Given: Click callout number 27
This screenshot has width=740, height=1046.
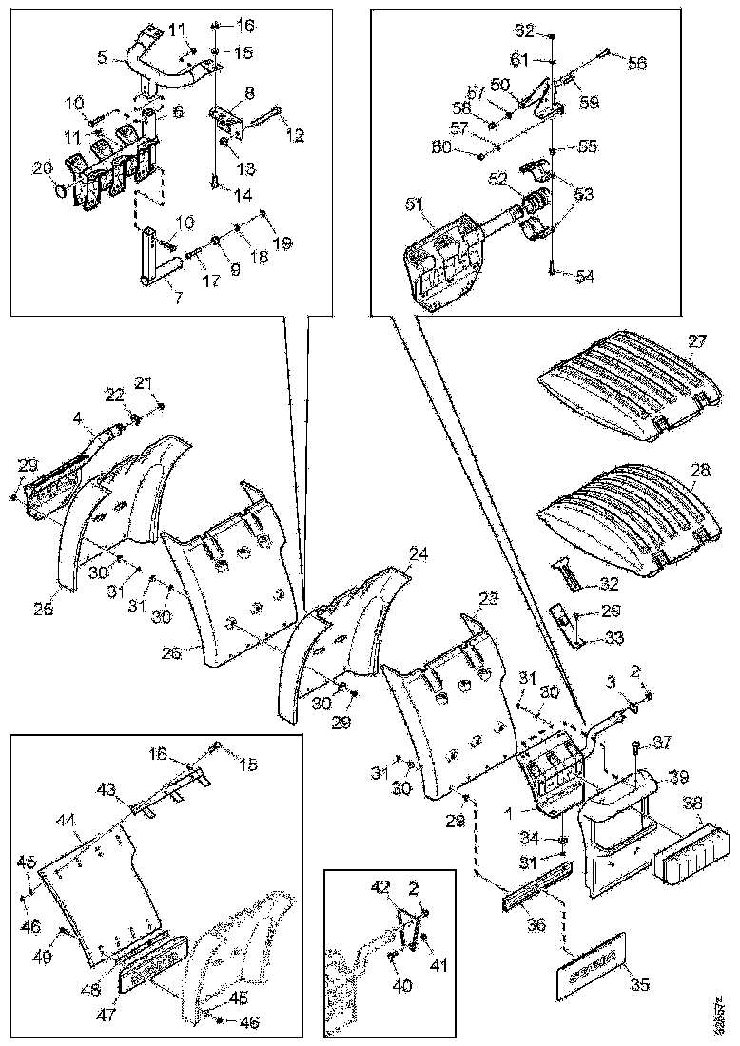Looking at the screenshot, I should click(x=699, y=341).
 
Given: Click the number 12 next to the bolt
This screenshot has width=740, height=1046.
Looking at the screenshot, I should click(x=297, y=136).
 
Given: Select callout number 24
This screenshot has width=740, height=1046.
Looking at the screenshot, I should click(x=418, y=552).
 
